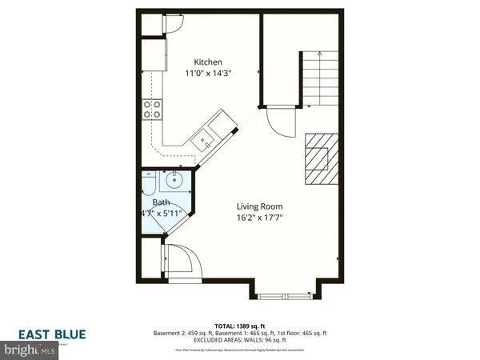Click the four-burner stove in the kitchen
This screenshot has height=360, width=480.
point(151,110)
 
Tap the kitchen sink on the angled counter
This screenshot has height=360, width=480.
point(206,138)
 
